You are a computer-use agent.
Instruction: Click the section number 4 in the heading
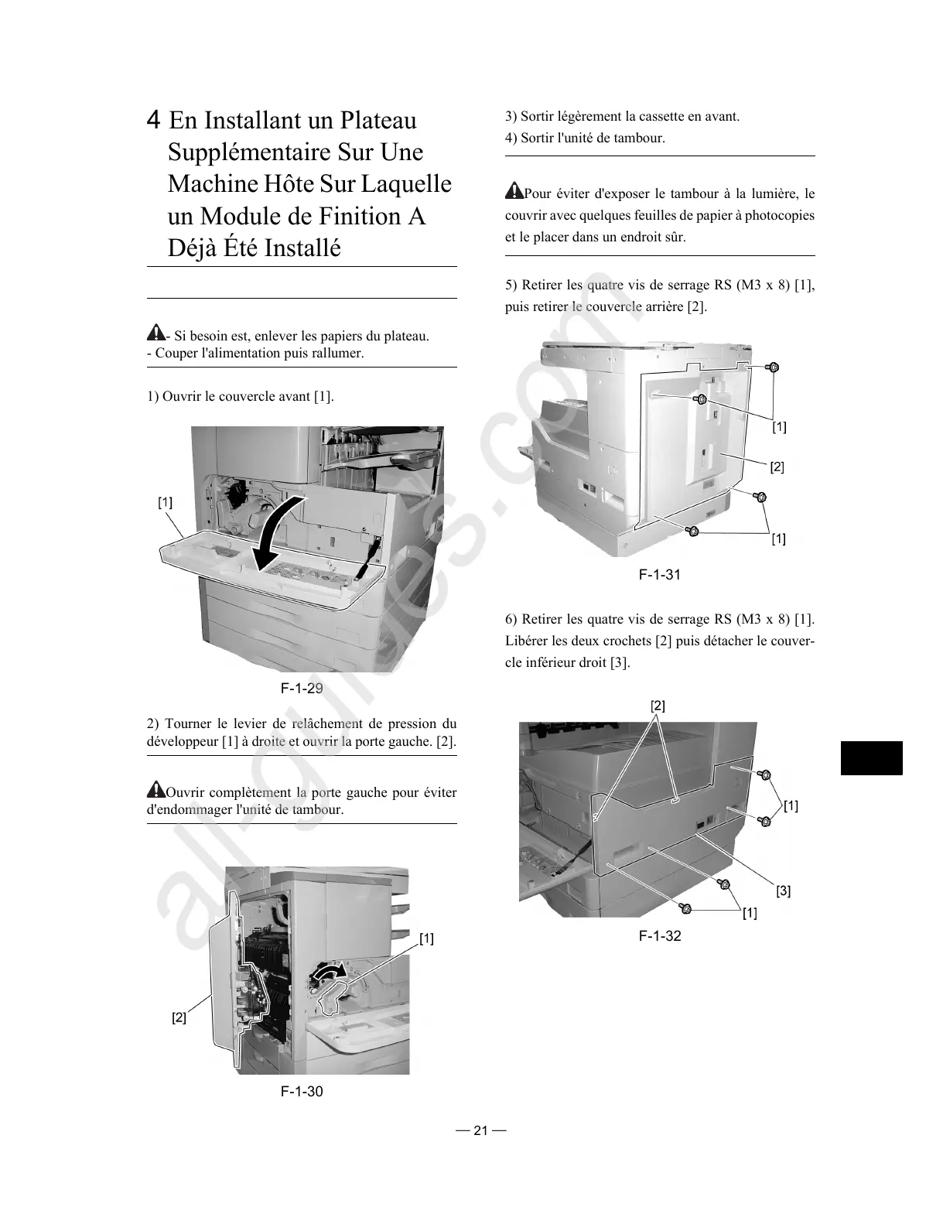(155, 121)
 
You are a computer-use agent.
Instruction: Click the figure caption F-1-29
(301, 688)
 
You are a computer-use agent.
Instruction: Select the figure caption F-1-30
(302, 1091)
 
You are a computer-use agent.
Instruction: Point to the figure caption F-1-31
(659, 574)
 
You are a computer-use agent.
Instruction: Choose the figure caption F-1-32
(659, 935)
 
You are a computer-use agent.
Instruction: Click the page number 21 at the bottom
(481, 1130)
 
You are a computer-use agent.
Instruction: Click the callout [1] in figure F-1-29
(166, 502)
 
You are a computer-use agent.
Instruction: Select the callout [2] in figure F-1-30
(179, 1017)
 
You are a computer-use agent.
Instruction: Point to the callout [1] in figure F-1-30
(426, 939)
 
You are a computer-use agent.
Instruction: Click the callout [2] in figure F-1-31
(777, 467)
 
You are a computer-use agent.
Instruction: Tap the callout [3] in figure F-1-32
(783, 891)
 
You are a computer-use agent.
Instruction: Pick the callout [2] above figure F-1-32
(658, 706)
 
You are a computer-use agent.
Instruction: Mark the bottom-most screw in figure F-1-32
(685, 908)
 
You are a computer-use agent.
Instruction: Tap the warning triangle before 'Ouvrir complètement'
(155, 791)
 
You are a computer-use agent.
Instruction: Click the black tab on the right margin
(871, 757)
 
